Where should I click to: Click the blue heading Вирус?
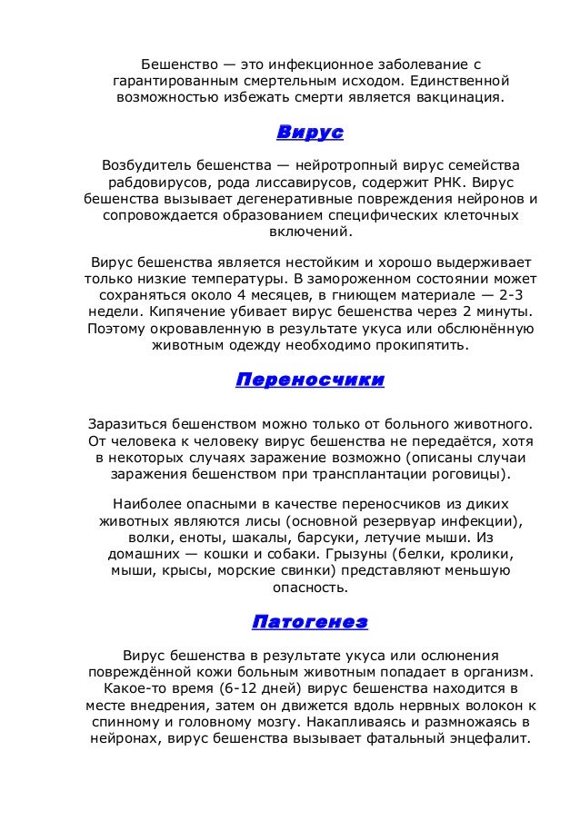click(x=309, y=133)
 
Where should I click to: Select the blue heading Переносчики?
click(x=309, y=380)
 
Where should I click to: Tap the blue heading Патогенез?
click(x=309, y=622)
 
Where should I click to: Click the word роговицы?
click(x=466, y=474)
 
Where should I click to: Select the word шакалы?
click(x=254, y=537)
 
